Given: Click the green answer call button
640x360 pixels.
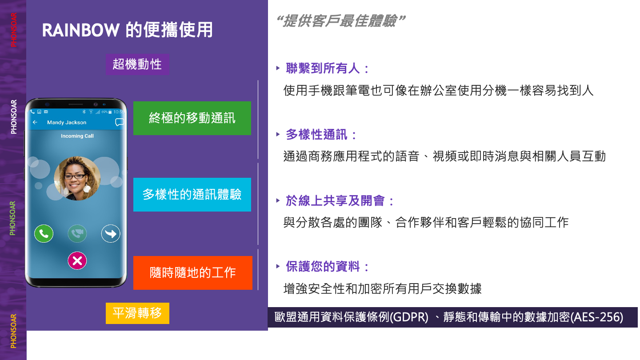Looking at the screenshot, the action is tap(44, 234).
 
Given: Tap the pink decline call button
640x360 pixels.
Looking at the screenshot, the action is tap(77, 260).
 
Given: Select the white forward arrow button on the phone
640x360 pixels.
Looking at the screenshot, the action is tap(111, 234).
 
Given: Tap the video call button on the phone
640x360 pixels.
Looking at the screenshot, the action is tap(77, 234).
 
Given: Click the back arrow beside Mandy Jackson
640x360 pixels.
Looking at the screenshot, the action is tap(35, 122).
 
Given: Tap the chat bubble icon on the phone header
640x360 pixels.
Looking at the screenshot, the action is tap(120, 122).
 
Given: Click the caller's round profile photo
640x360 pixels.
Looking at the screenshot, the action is tap(77, 178).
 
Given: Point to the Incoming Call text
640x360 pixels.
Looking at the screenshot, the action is tap(77, 136).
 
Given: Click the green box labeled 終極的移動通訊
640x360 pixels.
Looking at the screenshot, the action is tap(192, 118).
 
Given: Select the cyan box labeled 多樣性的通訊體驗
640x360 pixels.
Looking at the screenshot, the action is tap(192, 195).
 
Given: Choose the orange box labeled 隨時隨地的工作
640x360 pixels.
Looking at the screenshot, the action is tap(192, 272).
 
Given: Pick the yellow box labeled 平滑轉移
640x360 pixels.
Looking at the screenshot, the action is tap(137, 313).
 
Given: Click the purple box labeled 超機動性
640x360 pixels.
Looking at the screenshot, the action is tap(137, 64).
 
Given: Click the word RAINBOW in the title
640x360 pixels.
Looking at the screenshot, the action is tap(81, 30).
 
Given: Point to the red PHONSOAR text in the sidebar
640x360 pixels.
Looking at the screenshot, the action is tap(13, 30).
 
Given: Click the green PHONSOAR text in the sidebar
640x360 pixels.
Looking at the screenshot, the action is tap(12, 218).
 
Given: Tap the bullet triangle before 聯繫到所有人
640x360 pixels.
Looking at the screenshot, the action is tap(278, 68).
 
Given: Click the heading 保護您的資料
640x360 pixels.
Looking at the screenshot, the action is tap(323, 266).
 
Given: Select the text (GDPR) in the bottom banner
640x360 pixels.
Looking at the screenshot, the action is tap(409, 317).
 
